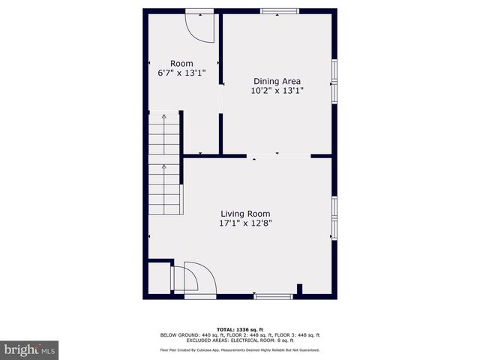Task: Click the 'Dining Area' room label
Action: coord(277,81)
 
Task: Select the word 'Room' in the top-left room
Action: coord(181,64)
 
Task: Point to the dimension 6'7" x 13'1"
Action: coord(181,73)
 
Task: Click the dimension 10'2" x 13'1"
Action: coord(277,91)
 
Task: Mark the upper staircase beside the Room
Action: coord(165,135)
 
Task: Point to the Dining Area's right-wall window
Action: coord(334,78)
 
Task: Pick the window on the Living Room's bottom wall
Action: coord(273,296)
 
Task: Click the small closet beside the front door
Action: coord(158,277)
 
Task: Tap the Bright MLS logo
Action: coord(30,349)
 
